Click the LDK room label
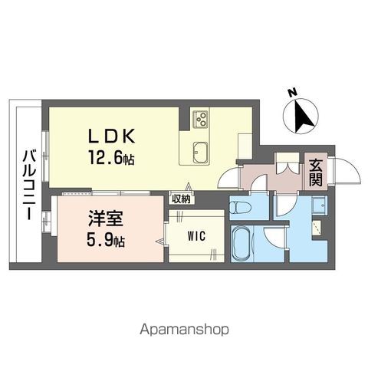point(116,136)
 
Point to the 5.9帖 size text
point(102,239)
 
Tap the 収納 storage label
point(181,199)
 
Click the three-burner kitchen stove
point(201,118)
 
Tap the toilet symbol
point(238,206)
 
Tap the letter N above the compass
point(292,94)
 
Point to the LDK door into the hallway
point(228,178)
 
